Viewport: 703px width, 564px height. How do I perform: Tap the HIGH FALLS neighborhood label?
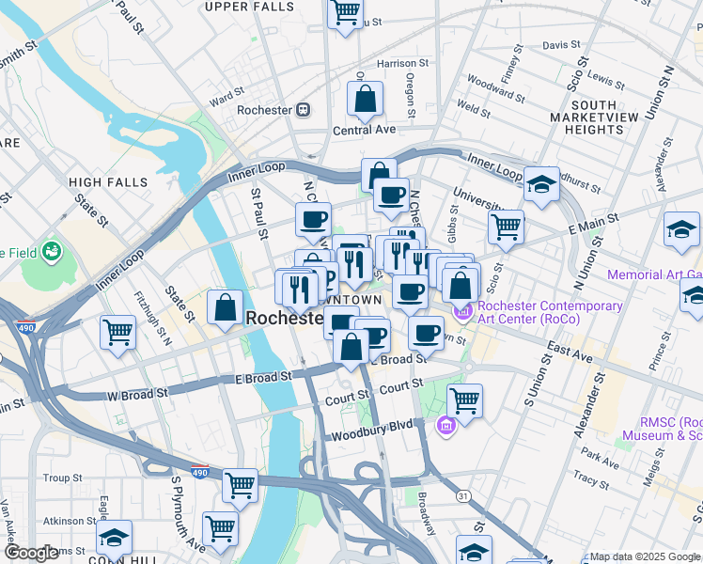point(108,181)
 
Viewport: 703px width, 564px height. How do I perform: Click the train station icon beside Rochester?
point(303,110)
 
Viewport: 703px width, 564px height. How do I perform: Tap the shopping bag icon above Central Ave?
point(364,99)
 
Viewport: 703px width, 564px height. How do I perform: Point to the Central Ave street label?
point(364,130)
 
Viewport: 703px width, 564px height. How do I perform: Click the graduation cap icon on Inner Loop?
point(541,185)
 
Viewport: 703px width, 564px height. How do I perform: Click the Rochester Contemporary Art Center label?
point(550,314)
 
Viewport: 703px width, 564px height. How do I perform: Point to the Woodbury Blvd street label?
point(373,425)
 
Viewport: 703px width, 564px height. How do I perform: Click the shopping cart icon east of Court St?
point(464,400)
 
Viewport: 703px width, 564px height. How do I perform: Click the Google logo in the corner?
point(30,554)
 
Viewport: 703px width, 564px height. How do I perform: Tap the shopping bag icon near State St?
point(226,307)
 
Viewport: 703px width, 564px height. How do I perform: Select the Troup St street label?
point(63,478)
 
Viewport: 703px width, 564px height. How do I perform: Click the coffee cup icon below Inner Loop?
point(391,196)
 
